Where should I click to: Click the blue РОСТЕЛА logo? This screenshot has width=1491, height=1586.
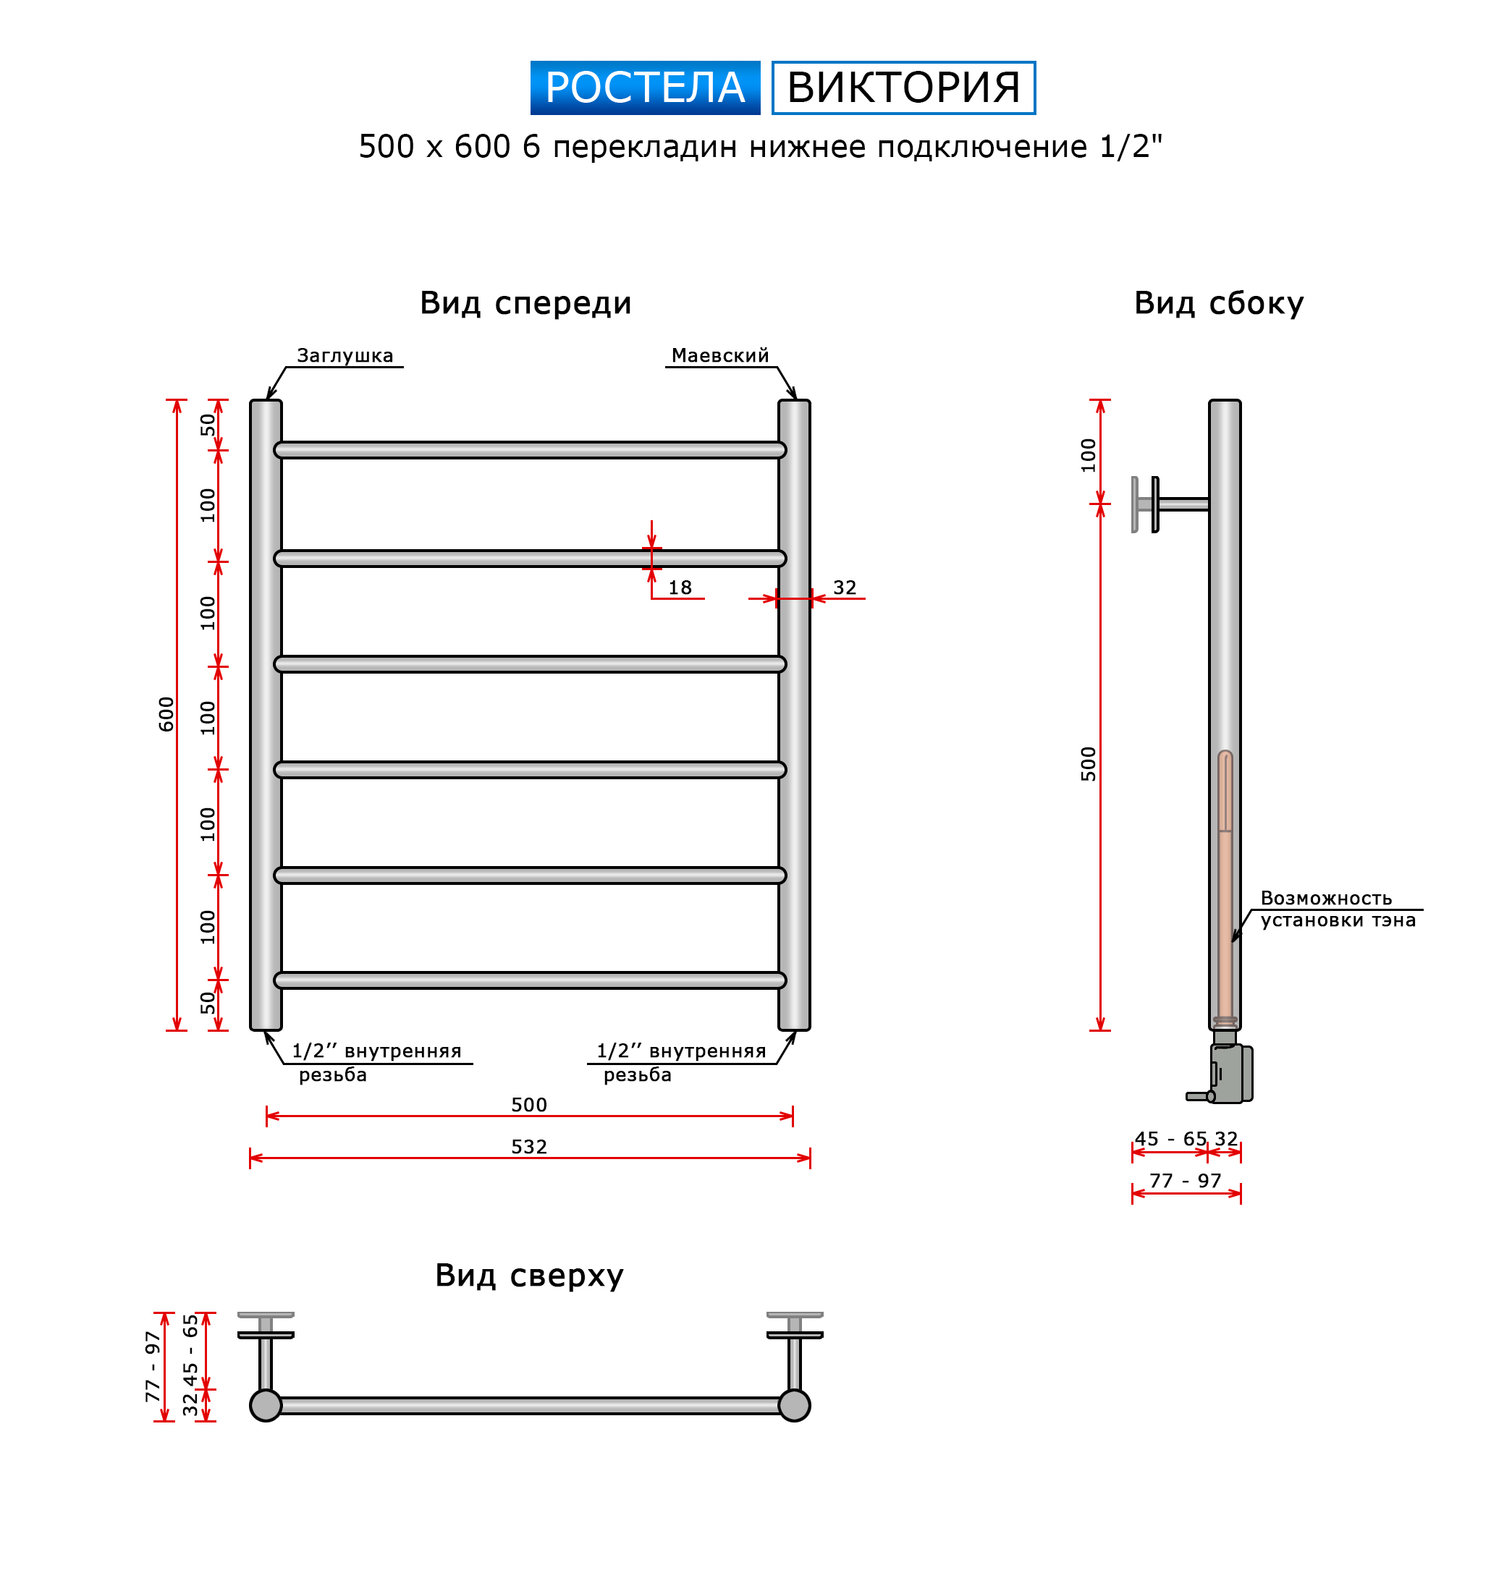point(645,88)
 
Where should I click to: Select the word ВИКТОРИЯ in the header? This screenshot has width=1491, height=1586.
point(903,88)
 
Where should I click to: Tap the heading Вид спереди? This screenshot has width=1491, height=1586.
point(525,303)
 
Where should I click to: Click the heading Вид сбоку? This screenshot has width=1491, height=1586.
point(1219,303)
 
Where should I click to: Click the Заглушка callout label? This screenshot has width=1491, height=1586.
point(345,356)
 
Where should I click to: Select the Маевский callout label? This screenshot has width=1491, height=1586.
point(720,356)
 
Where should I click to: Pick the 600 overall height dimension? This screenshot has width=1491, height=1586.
point(166,714)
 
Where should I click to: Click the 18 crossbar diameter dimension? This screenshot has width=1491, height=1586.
point(679,588)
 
